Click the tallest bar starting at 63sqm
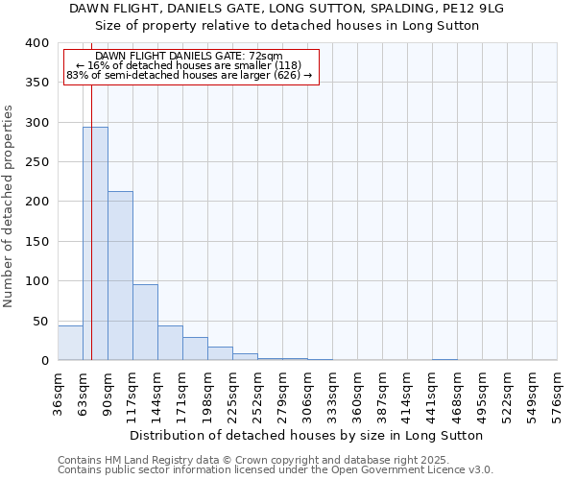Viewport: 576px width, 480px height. (95, 244)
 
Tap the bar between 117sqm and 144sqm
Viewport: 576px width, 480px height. (145, 322)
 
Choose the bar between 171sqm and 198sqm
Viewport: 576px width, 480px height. (195, 348)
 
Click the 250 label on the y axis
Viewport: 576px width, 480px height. (36, 162)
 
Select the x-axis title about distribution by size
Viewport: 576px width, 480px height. (307, 435)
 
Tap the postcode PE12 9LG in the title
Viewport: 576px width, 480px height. (482, 8)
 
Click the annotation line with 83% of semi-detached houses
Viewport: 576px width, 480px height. (189, 75)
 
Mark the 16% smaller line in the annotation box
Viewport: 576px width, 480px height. (189, 65)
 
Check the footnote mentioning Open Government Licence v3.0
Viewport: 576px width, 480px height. (276, 469)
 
